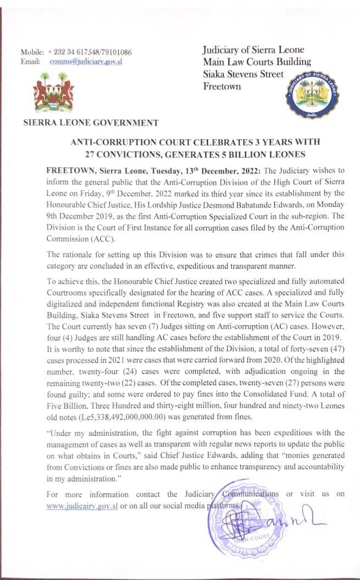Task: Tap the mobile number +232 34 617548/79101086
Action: point(90,52)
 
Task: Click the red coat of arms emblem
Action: point(53,91)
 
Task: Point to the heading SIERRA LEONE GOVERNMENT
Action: point(91,123)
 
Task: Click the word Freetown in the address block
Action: point(222,86)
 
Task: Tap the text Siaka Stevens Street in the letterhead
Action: point(243,74)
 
